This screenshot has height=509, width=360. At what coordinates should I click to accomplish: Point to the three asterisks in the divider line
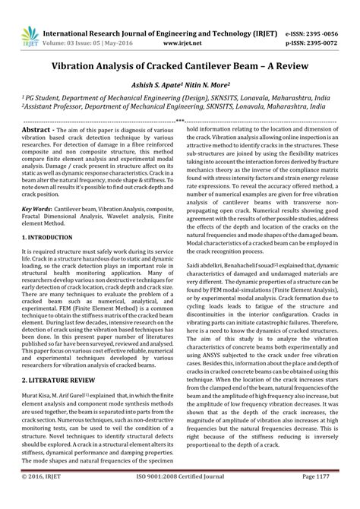[x=179, y=121]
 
